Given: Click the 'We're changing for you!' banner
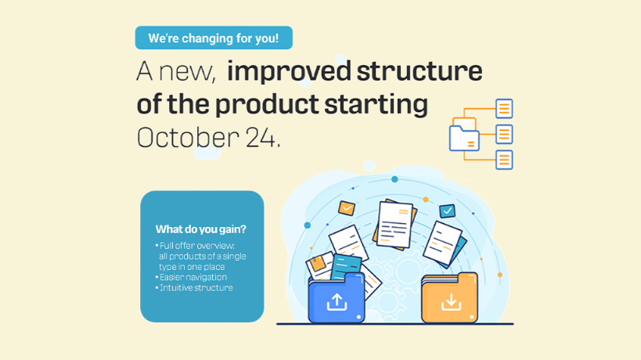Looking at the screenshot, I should tap(214, 38).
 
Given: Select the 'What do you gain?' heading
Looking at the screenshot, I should tap(200, 229).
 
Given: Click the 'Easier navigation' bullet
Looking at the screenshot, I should tap(193, 277).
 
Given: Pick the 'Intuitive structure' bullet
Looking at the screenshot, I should tap(196, 288).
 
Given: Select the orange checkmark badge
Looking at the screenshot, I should tap(347, 208).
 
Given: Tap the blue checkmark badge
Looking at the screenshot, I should tap(447, 211).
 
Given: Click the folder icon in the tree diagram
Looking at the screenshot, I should tap(464, 136).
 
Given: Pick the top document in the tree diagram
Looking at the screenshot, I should tap(505, 108).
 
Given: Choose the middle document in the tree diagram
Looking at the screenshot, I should tap(505, 134).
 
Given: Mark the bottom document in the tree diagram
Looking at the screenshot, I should tap(505, 160).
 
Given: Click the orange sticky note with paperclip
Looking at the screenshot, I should tap(317, 264).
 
